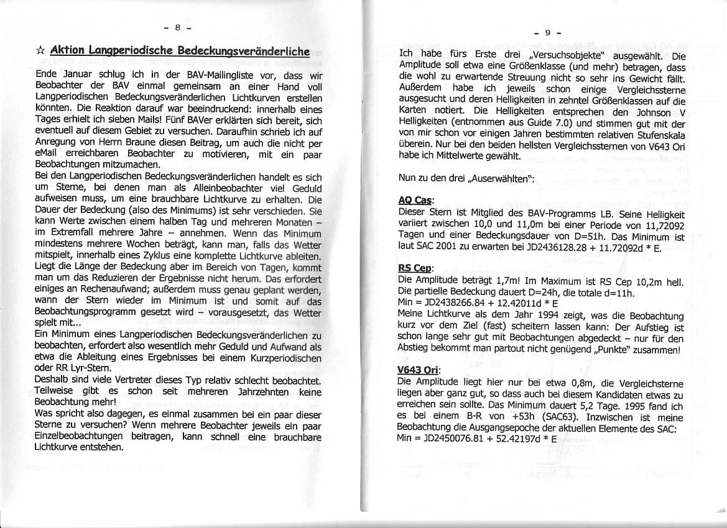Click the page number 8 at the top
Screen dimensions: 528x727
(x=177, y=28)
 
